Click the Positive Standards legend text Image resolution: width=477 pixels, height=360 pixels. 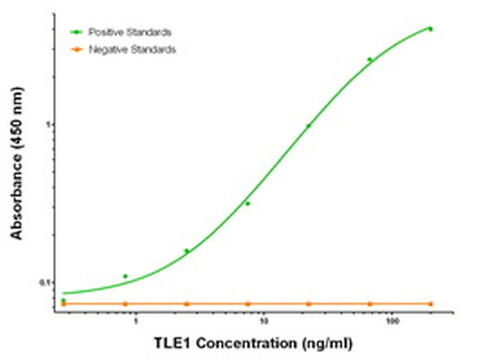[130, 32]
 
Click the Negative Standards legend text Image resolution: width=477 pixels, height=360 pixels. [132, 49]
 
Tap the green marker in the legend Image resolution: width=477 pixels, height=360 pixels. [76, 32]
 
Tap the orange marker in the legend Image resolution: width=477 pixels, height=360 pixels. [76, 49]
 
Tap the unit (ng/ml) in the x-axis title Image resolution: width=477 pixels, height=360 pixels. [307, 342]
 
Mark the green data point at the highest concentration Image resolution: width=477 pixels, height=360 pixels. [430, 29]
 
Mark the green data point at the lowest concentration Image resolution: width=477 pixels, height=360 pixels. [63, 301]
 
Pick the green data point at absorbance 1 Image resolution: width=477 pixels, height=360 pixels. [309, 126]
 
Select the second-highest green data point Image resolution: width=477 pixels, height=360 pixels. [370, 59]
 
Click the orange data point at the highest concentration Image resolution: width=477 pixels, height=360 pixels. [430, 304]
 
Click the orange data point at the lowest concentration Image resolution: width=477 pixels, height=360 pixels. [63, 304]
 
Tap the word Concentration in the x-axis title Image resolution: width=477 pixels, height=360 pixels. [233, 342]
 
